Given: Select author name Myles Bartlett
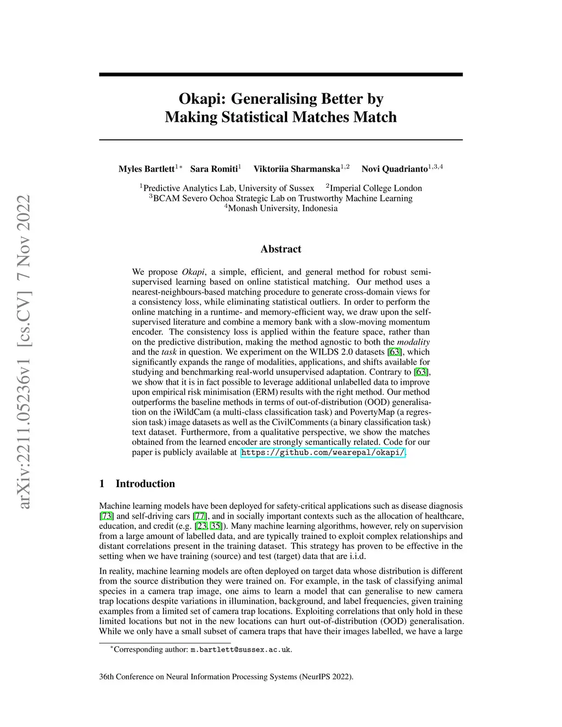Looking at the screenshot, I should [146, 169].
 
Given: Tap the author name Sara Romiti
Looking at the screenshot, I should [213, 169].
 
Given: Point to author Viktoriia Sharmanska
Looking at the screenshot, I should [296, 169].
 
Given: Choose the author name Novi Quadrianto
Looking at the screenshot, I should [394, 169].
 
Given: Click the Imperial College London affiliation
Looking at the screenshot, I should [375, 188].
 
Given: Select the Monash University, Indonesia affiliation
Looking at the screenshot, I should [282, 208].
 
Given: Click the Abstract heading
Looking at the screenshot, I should [280, 249].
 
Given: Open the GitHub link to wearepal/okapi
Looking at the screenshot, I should [323, 453].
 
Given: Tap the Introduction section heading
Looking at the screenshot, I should [145, 484].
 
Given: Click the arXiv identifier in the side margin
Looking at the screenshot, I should [23, 351].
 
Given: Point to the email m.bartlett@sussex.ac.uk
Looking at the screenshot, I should [240, 650].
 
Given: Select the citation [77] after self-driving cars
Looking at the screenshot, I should [200, 516].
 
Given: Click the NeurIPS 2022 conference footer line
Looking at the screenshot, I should [226, 677].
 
